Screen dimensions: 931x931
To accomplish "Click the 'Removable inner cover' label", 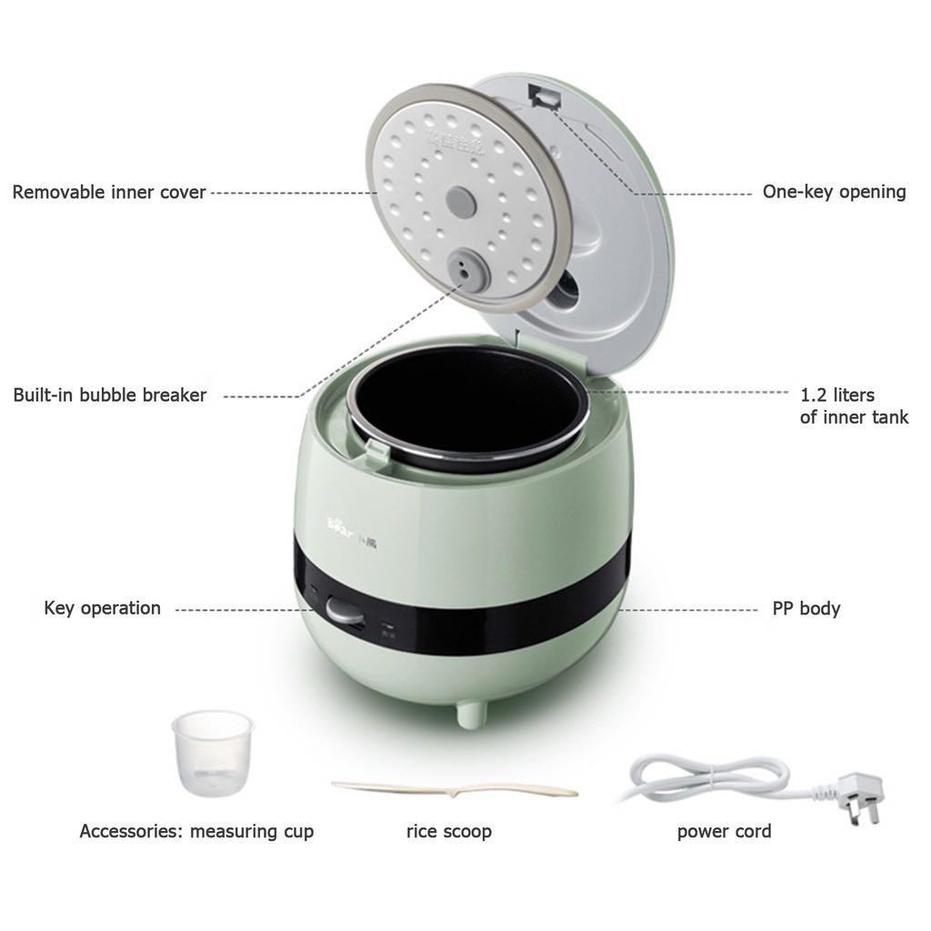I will pyautogui.click(x=109, y=193).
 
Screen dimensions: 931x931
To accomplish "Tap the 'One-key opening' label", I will pyautogui.click(x=834, y=192).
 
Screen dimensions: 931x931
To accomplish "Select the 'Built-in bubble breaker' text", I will pyautogui.click(x=110, y=395).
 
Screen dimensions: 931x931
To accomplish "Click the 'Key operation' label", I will pyautogui.click(x=102, y=608).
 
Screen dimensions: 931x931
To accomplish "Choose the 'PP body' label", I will pyautogui.click(x=806, y=608).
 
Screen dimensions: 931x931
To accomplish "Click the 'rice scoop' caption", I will pyautogui.click(x=448, y=831).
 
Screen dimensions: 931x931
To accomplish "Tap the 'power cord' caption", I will pyautogui.click(x=724, y=831).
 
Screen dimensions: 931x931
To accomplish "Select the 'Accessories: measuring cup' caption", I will pyautogui.click(x=196, y=831).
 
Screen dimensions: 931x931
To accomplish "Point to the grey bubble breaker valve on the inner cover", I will pyautogui.click(x=463, y=266).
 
